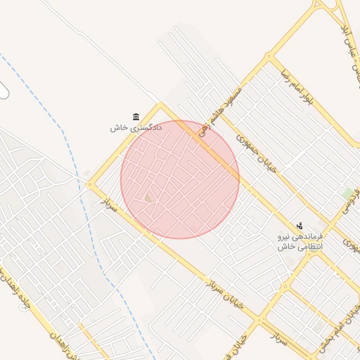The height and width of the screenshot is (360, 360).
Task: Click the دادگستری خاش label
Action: [136, 128]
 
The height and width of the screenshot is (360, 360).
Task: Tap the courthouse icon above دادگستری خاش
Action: [136, 117]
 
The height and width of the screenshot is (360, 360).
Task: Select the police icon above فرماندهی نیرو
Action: [300, 226]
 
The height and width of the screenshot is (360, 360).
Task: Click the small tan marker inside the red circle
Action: [149, 199]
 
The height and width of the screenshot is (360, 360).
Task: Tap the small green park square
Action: [347, 192]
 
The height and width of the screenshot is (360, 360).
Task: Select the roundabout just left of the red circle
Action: [89, 186]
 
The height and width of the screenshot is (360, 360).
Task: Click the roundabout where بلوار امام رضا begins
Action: [268, 58]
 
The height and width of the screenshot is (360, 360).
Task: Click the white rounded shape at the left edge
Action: [4, 90]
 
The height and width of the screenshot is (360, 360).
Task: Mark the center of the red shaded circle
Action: [180, 179]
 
